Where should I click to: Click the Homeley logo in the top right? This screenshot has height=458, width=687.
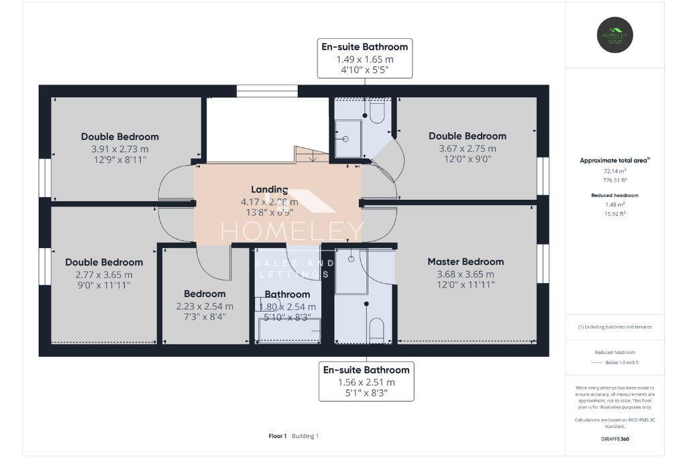pos(615,35)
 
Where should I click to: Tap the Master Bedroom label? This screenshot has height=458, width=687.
pos(466,262)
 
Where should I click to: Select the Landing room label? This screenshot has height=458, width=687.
pos(269,190)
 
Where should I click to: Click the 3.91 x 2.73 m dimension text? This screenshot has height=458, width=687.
pos(120,148)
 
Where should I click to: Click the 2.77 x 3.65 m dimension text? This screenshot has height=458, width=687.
pos(104,274)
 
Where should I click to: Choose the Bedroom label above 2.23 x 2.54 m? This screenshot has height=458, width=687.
pos(205,294)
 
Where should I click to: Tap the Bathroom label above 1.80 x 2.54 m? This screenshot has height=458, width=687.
pos(287,294)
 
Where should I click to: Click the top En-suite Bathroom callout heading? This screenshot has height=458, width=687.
pos(364,47)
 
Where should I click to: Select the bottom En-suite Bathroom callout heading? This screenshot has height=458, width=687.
pos(366,370)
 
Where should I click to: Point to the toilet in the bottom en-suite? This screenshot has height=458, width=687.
pos(376,329)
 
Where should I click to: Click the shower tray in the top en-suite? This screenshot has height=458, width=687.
pos(348,139)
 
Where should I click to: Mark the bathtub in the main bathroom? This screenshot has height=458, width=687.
pos(289,330)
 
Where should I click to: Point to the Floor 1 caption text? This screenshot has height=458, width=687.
pos(278,436)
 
